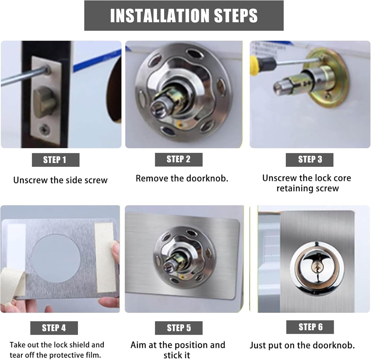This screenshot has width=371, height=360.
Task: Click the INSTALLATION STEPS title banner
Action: click(x=184, y=16)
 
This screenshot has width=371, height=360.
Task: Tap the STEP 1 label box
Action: click(x=55, y=160)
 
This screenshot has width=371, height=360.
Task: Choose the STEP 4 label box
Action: click(x=54, y=328)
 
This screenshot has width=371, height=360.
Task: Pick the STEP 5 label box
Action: click(x=178, y=328)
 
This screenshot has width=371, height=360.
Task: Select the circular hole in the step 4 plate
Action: click(x=55, y=258)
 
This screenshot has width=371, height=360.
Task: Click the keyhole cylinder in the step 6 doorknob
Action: click(x=317, y=267)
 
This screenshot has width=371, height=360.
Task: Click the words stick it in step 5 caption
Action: click(x=177, y=355)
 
